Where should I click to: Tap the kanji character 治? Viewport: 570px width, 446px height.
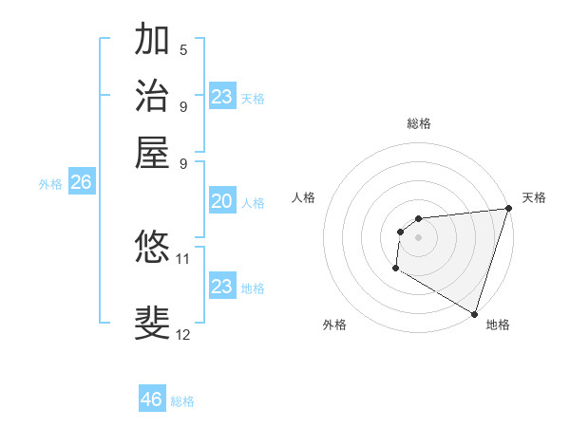(152, 96)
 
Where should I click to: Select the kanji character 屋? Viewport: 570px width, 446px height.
(152, 151)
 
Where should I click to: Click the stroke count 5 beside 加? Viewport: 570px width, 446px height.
(183, 49)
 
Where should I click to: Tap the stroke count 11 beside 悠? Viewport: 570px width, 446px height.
(183, 258)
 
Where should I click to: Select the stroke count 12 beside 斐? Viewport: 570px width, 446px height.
(183, 334)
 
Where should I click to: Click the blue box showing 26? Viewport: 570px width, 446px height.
(81, 183)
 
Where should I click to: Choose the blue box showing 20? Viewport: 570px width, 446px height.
(221, 201)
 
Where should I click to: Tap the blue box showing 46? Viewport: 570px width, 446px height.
(152, 400)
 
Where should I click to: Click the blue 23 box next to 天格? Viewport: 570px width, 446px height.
(221, 97)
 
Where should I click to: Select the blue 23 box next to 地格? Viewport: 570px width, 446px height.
(221, 287)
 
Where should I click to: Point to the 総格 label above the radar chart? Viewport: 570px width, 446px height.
(418, 123)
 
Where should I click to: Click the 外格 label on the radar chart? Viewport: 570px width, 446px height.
(334, 325)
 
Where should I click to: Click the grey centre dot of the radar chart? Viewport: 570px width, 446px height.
(418, 237)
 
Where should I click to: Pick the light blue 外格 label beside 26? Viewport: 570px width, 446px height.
(50, 184)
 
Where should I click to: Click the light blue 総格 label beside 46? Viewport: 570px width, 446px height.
(182, 401)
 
